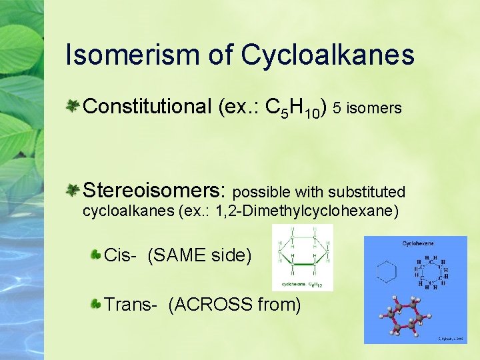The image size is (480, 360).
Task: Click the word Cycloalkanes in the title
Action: (328, 55)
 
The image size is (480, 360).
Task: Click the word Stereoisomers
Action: (154, 191)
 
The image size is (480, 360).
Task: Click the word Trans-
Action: (131, 305)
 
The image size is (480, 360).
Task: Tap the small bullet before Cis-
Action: (96, 254)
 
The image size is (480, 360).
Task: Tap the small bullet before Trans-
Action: (96, 305)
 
